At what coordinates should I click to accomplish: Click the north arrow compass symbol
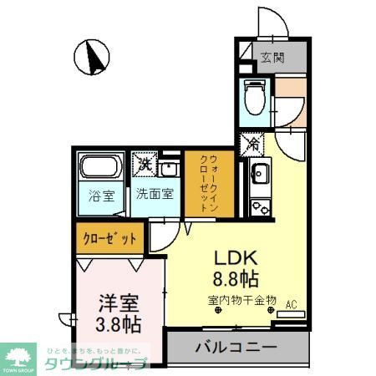tap(94, 58)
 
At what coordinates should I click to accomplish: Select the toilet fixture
tap(253, 99)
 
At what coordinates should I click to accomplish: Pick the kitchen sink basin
tap(259, 175)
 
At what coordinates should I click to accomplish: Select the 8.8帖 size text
tap(236, 278)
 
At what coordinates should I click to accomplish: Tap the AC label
tap(291, 304)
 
